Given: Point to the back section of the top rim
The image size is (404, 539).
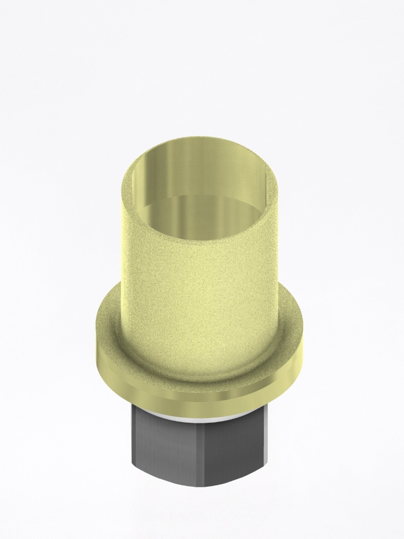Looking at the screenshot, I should coord(200,141).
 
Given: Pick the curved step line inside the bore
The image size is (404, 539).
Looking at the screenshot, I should coord(200,196).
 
